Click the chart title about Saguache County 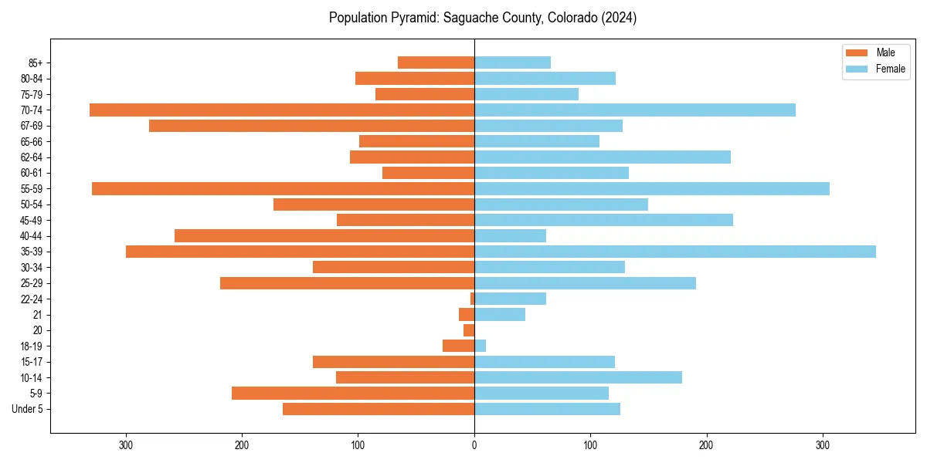tap(482, 18)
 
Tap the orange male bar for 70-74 tap(282, 110)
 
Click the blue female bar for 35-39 tap(675, 252)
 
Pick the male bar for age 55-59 tap(283, 189)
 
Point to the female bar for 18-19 tap(480, 346)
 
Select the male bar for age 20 tap(469, 330)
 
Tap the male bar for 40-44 tap(324, 236)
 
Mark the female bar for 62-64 tap(603, 157)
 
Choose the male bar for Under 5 tap(379, 409)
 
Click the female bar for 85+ tap(513, 63)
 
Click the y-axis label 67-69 tap(32, 126)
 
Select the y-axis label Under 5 tap(28, 409)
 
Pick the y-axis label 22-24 tap(32, 299)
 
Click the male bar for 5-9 tap(353, 394)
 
